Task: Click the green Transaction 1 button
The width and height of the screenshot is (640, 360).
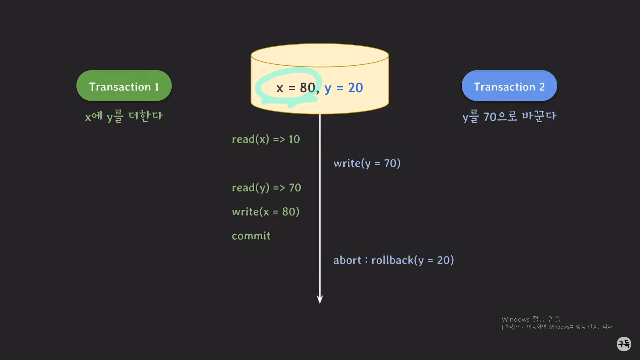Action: click(124, 86)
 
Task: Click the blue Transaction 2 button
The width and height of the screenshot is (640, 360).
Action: click(509, 86)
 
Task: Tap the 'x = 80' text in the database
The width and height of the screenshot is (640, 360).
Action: click(295, 88)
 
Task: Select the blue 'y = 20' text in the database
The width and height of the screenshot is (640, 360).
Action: click(343, 88)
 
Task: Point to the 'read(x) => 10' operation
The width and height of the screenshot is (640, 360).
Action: click(266, 139)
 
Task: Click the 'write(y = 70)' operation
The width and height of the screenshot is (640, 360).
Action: click(367, 163)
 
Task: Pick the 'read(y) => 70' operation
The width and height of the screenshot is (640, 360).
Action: click(266, 188)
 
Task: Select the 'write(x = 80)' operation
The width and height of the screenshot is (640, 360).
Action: click(266, 212)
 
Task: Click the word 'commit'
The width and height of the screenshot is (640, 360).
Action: click(251, 236)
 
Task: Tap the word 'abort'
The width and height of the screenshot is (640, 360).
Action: click(347, 260)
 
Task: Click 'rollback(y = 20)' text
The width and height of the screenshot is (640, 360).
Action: click(412, 260)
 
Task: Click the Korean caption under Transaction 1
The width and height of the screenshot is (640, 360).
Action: click(124, 116)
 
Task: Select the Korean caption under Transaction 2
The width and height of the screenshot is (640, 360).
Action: click(509, 116)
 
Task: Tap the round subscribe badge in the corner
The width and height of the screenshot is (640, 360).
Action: click(624, 344)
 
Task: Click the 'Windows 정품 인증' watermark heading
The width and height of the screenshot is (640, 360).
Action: click(531, 319)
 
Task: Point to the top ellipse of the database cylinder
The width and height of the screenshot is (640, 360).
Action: click(320, 55)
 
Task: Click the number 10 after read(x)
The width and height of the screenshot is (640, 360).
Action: click(294, 139)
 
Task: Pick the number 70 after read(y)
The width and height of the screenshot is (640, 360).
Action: click(295, 188)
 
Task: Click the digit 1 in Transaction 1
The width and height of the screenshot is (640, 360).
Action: click(156, 87)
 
